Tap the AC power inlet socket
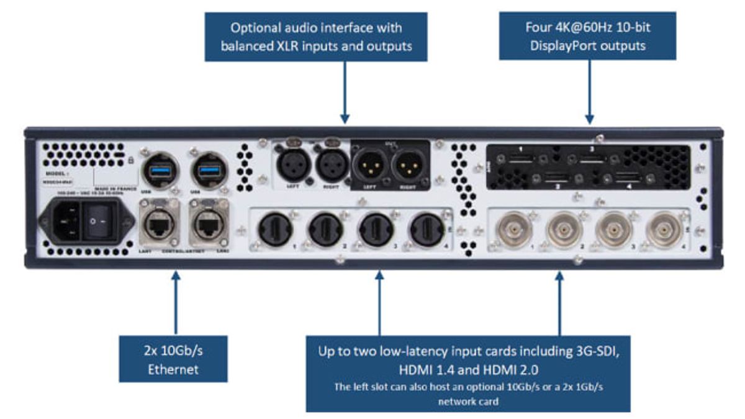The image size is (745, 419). click(62, 222)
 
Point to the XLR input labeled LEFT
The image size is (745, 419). click(292, 165)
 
